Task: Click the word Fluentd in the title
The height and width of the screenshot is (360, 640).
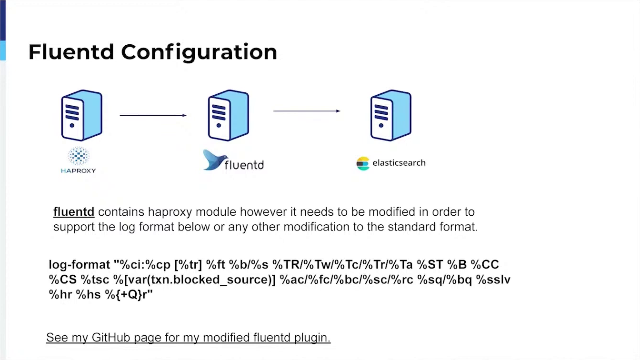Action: [71, 52]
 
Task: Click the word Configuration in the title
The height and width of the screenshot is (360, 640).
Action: [199, 52]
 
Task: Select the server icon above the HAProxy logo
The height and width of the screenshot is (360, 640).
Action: [82, 115]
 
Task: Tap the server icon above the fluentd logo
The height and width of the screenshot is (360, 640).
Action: [229, 115]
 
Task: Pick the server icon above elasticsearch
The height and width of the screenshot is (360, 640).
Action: [391, 115]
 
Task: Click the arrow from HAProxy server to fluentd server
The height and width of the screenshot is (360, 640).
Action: [153, 115]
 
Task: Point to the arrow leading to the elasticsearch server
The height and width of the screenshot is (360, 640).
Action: [307, 111]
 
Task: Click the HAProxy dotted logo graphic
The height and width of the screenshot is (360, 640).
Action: [79, 156]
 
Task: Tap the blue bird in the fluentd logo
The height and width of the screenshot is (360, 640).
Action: [215, 160]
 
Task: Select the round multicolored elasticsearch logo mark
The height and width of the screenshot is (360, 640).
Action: [363, 163]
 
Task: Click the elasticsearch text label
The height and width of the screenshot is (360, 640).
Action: [399, 163]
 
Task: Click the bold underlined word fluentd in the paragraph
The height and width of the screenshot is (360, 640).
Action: [74, 212]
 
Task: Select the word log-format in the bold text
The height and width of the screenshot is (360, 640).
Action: [80, 265]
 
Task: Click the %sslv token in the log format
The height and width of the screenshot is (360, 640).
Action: [493, 280]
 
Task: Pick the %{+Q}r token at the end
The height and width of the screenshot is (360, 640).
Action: [129, 295]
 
